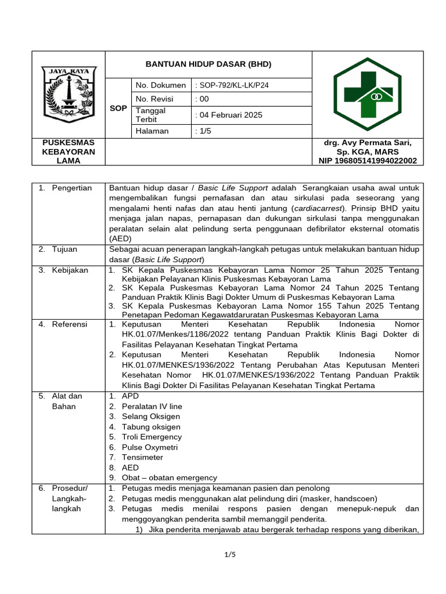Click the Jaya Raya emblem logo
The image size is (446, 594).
tap(68, 94)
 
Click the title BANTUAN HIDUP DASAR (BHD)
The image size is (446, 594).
tap(208, 64)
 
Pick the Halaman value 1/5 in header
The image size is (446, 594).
tap(204, 131)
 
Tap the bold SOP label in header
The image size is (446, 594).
tap(118, 108)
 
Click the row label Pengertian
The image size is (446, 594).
tap(72, 188)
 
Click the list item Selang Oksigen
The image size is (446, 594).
tap(151, 416)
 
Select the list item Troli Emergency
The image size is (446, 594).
tap(152, 437)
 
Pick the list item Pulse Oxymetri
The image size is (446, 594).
tap(150, 447)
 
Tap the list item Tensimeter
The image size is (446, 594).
tap(143, 457)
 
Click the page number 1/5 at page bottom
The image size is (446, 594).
tap(230, 555)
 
